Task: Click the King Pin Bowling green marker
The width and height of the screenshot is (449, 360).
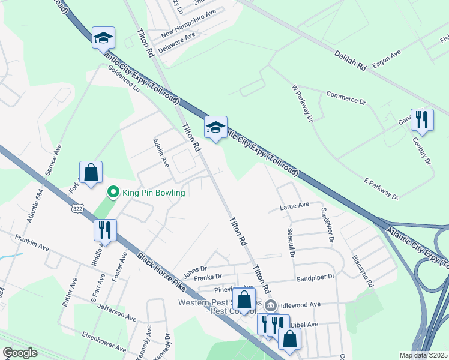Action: tap(112, 193)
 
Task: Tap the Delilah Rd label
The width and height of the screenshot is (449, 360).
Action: tap(351, 61)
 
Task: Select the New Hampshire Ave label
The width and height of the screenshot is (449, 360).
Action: tap(188, 22)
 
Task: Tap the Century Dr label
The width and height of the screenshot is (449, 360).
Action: tap(422, 150)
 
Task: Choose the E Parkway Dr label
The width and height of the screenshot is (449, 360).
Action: tap(381, 188)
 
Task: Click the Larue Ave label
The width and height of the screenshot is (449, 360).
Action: tap(294, 205)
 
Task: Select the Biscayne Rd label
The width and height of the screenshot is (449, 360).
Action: tap(363, 271)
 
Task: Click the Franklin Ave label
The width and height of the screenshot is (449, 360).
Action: tap(32, 242)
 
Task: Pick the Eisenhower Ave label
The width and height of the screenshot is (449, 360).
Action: tap(104, 341)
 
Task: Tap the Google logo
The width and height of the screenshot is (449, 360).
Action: tap(20, 353)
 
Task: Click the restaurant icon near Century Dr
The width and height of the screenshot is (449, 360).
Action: tap(421, 119)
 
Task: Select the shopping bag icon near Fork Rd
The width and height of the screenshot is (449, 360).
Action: tap(91, 173)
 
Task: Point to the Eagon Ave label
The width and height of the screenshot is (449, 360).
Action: tap(386, 56)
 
